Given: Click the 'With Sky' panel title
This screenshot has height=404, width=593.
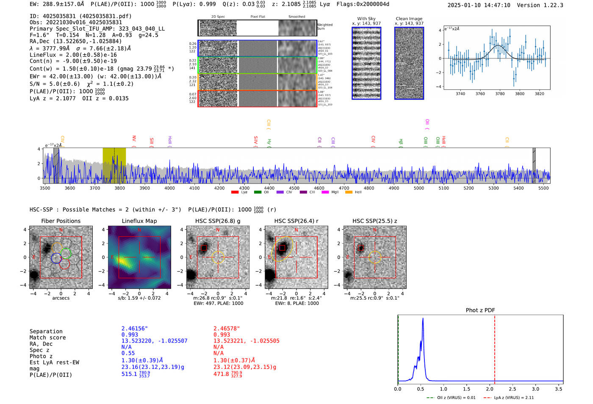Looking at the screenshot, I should pyautogui.click(x=366, y=19).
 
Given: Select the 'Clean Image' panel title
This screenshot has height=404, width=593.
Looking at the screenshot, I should pyautogui.click(x=409, y=19).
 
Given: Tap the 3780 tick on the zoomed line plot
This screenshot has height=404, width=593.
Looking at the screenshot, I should pyautogui.click(x=500, y=94).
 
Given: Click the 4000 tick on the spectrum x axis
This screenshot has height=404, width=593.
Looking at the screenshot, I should pyautogui.click(x=169, y=188).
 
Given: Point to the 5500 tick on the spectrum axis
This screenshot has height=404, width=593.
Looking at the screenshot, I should pyautogui.click(x=543, y=188).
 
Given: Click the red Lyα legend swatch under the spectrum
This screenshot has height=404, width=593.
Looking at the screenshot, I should pyautogui.click(x=235, y=192).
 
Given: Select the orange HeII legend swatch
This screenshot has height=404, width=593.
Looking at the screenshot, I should pyautogui.click(x=349, y=192).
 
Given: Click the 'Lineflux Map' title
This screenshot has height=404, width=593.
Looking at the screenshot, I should pyautogui.click(x=139, y=221).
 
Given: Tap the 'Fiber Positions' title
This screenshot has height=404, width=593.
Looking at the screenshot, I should pyautogui.click(x=61, y=221).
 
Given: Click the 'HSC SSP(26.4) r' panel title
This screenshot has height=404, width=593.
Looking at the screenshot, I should pyautogui.click(x=296, y=221).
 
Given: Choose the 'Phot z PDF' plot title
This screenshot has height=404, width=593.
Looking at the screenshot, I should pyautogui.click(x=480, y=310).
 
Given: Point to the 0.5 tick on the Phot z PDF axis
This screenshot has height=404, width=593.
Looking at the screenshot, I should pyautogui.click(x=420, y=389).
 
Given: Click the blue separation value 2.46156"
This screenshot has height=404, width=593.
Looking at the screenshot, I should pyautogui.click(x=135, y=329).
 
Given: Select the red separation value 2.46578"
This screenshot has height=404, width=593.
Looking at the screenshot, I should pyautogui.click(x=227, y=329).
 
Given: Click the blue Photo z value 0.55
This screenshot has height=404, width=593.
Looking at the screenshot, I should pyautogui.click(x=128, y=353).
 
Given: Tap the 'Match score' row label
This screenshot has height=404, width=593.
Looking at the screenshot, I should pyautogui.click(x=47, y=337).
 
